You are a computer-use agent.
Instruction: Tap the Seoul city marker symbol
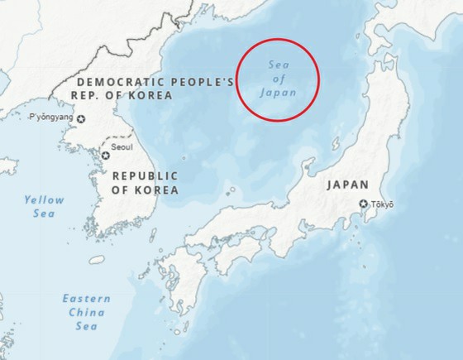tap(106, 154)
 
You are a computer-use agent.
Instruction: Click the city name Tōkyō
tap(383, 204)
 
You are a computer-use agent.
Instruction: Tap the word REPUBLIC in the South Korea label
tap(145, 175)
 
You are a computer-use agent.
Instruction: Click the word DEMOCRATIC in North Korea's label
tap(116, 82)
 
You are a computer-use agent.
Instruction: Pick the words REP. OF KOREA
tap(123, 96)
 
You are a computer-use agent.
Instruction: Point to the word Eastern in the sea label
tap(85, 298)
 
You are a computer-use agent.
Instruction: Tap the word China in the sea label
tap(86, 312)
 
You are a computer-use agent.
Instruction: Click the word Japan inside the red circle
tap(277, 92)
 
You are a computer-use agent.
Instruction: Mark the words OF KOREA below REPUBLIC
tap(146, 190)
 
